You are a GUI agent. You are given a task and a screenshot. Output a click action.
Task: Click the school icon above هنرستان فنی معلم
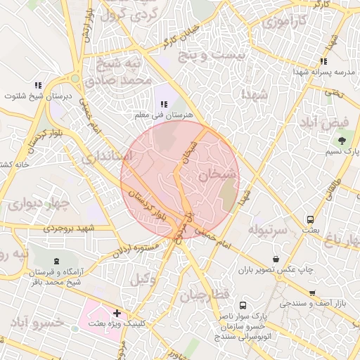point(164,104)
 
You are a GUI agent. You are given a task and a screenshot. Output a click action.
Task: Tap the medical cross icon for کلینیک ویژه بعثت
point(117,313)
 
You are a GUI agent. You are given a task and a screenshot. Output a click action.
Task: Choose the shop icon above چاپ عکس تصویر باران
point(274,258)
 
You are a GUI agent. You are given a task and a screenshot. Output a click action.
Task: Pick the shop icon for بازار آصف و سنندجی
point(312,292)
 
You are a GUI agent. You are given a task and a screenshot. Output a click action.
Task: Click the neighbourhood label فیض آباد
point(331,122)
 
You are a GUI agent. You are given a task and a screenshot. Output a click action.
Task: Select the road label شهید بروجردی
point(68,228)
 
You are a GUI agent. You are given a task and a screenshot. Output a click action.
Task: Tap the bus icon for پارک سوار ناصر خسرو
point(243,306)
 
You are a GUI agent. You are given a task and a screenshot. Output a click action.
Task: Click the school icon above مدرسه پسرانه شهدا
point(323,62)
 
